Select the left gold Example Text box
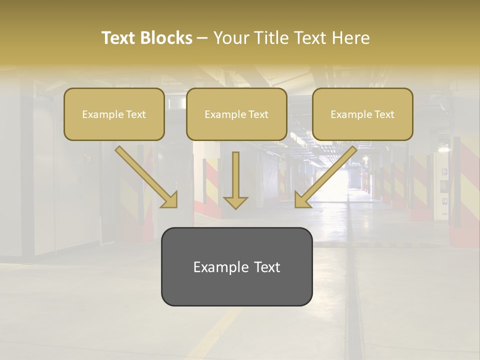[x=114, y=114]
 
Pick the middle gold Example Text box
[x=236, y=114]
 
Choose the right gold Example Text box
[x=362, y=114]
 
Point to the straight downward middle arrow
[x=235, y=175]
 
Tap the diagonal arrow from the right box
[x=330, y=172]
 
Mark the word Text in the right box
[x=384, y=114]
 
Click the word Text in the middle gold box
[x=258, y=114]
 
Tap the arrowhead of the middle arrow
[x=235, y=202]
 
